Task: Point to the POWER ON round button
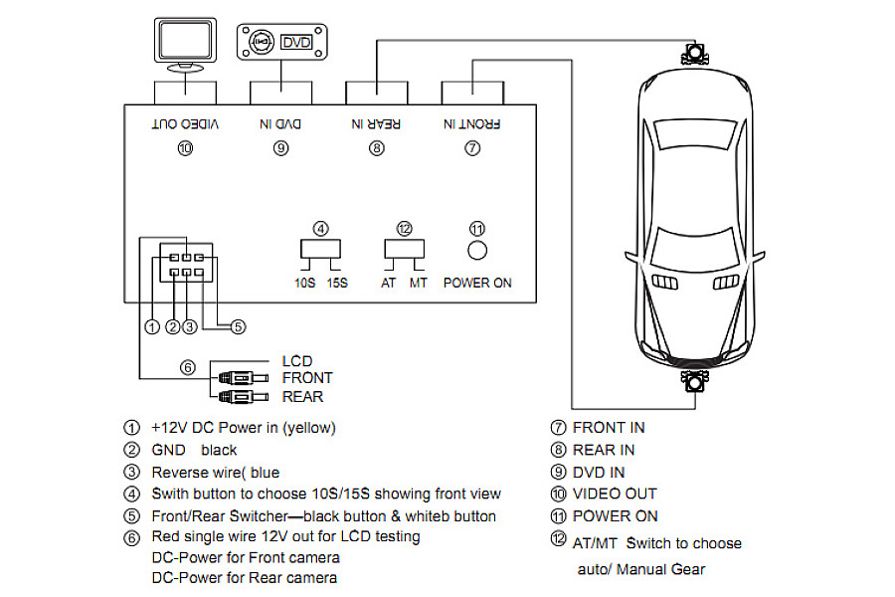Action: (x=477, y=250)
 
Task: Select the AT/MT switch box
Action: (x=404, y=249)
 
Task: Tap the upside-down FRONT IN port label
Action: (x=472, y=124)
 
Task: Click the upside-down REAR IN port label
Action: (x=376, y=124)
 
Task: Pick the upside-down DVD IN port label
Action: (x=279, y=124)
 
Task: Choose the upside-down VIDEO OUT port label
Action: (x=185, y=124)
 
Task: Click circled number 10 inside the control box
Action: (x=184, y=148)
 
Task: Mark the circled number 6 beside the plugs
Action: (x=187, y=367)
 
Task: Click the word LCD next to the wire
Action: (x=297, y=361)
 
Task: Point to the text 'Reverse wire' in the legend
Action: (x=193, y=472)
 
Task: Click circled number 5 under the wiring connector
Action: (x=238, y=325)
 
